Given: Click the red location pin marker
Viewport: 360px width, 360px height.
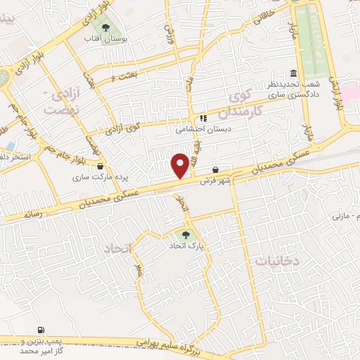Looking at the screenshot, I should click(x=180, y=165).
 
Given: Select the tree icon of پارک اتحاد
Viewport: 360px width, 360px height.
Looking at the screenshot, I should click(x=185, y=236).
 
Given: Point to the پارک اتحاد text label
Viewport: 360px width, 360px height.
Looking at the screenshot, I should click(x=185, y=247).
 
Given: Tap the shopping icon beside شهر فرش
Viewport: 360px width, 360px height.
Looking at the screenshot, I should click(x=215, y=170).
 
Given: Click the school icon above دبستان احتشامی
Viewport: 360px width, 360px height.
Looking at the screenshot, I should click(x=203, y=118).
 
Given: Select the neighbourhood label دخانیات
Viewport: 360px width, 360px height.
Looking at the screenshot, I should click(x=276, y=261).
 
